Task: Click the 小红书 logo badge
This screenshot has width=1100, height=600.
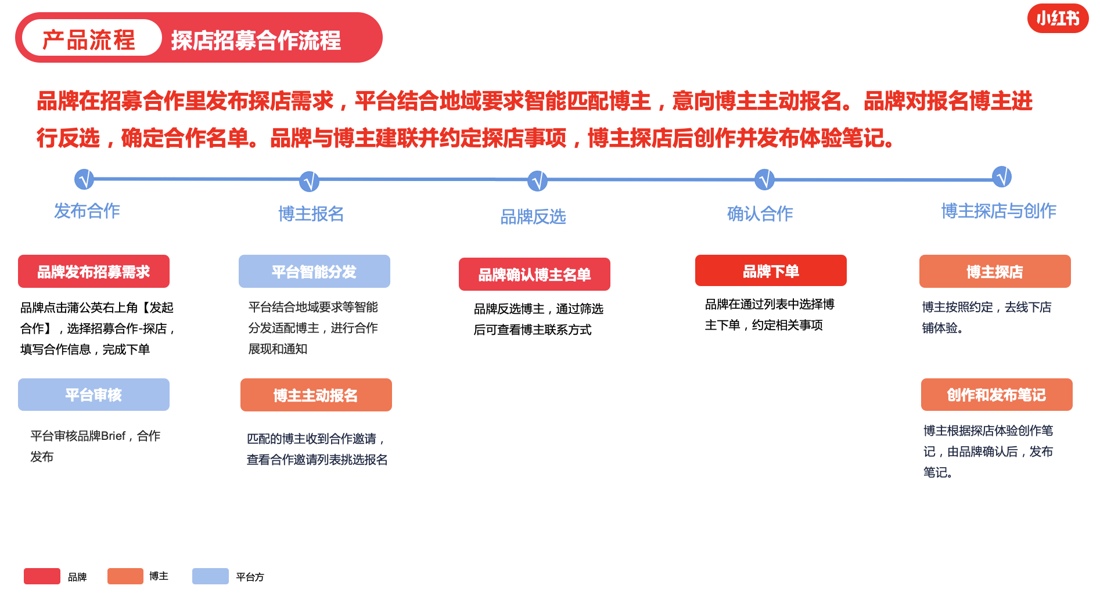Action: click(x=1058, y=19)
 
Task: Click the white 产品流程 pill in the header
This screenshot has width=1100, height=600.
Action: click(x=91, y=38)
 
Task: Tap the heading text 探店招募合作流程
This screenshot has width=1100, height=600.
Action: click(x=256, y=41)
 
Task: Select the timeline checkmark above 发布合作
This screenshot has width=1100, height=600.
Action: click(x=84, y=179)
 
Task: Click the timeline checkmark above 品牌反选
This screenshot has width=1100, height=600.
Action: click(x=537, y=181)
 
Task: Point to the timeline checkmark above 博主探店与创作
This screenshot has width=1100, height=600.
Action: click(x=1002, y=176)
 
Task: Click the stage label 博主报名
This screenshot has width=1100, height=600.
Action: click(x=311, y=214)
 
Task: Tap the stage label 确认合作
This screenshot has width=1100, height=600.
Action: click(x=760, y=214)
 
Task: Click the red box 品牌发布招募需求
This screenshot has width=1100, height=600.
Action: click(x=94, y=272)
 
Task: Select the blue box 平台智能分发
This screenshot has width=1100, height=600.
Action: click(x=314, y=272)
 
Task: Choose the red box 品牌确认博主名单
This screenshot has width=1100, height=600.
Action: click(x=534, y=274)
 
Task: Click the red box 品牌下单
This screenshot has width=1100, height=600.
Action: click(x=771, y=270)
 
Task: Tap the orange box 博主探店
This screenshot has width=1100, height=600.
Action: click(x=995, y=272)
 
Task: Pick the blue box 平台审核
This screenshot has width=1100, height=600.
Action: click(x=94, y=395)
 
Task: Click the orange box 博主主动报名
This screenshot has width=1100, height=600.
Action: click(x=316, y=395)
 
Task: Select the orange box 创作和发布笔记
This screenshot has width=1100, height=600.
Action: click(x=997, y=395)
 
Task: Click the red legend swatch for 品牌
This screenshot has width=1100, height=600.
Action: click(x=42, y=576)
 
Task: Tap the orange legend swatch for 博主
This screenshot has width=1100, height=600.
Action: click(x=125, y=576)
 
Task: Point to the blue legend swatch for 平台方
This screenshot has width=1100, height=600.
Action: click(x=210, y=576)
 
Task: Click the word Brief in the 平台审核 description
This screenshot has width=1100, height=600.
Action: click(x=113, y=436)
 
